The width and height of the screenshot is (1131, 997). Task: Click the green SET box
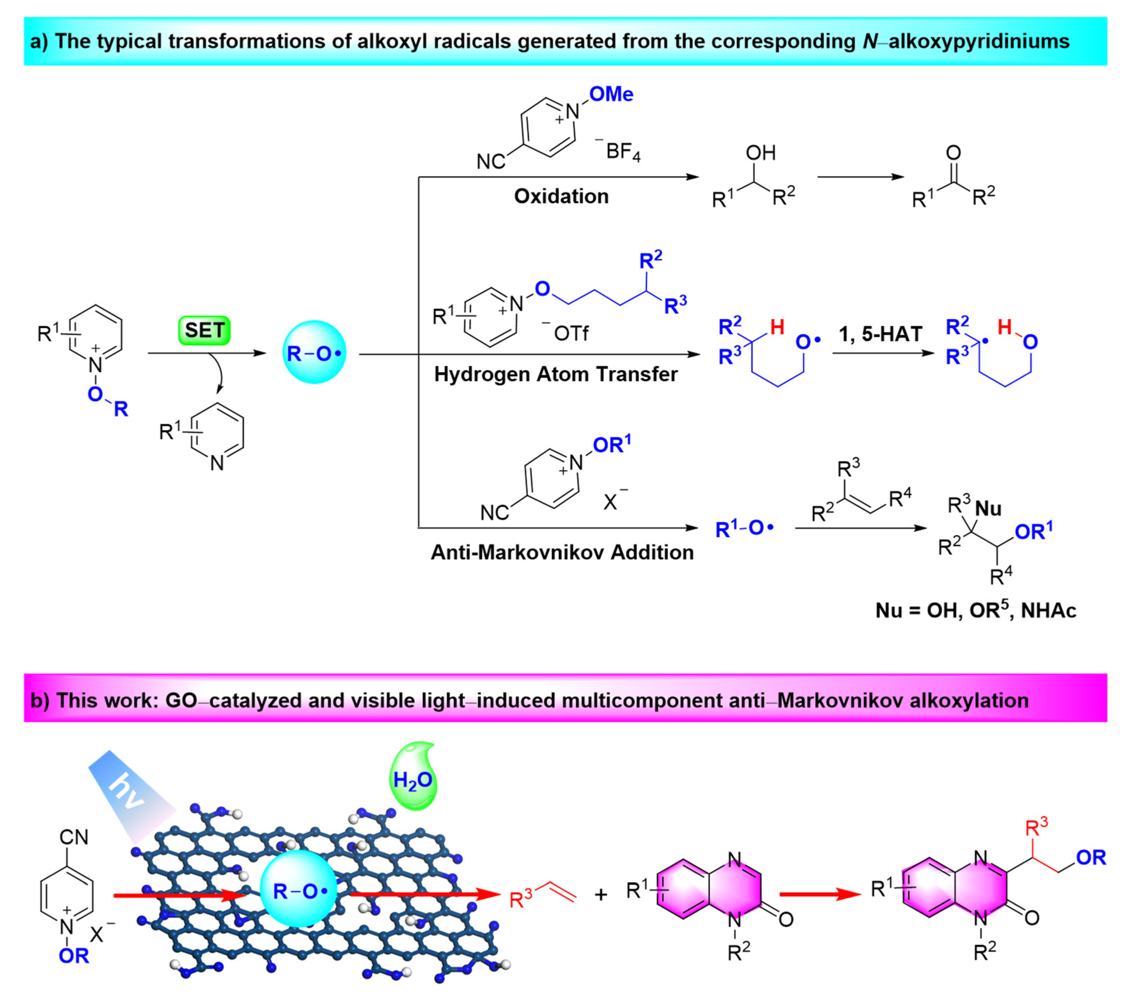tap(204, 331)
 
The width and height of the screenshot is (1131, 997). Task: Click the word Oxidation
tap(561, 196)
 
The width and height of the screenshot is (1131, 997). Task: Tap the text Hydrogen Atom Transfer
tap(555, 374)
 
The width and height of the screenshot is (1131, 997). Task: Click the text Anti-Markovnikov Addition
tap(562, 552)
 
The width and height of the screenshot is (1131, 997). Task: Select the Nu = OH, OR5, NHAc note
tap(975, 610)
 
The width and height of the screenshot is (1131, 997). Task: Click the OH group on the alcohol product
tap(760, 153)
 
